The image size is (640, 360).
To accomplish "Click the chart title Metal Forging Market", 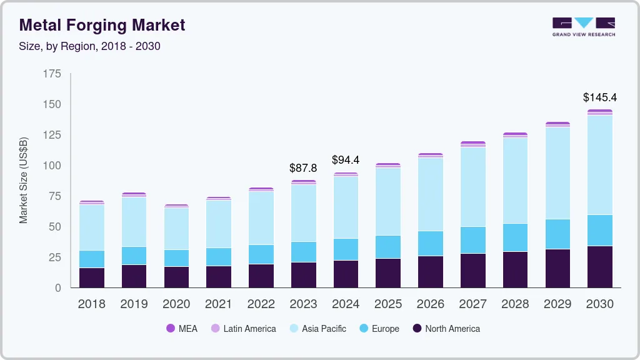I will [x=102, y=25].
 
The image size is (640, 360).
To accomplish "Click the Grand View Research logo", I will [x=583, y=26].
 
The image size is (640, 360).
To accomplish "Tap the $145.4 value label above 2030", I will [x=599, y=97].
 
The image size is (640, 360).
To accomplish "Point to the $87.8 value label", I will [x=303, y=168].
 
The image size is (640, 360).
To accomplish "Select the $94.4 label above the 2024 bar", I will [x=346, y=160].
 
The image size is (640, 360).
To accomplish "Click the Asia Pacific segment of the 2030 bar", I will [x=599, y=165].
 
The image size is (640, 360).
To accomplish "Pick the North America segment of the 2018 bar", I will [x=92, y=277].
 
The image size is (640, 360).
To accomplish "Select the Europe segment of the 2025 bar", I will [x=388, y=247].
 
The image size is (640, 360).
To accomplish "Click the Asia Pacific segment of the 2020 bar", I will [x=176, y=229].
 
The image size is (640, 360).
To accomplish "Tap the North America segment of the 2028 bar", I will [x=515, y=269].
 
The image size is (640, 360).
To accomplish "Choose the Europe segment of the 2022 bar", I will [x=261, y=254].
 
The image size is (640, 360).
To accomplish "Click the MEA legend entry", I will [x=182, y=329].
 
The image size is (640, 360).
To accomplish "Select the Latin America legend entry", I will [x=243, y=329].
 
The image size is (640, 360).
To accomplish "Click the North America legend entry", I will [x=446, y=329].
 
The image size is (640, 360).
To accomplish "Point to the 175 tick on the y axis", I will [x=52, y=74].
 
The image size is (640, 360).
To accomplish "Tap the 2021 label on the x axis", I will [x=219, y=304].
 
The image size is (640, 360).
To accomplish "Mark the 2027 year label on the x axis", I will [x=472, y=304].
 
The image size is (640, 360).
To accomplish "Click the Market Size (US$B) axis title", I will [x=24, y=180].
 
